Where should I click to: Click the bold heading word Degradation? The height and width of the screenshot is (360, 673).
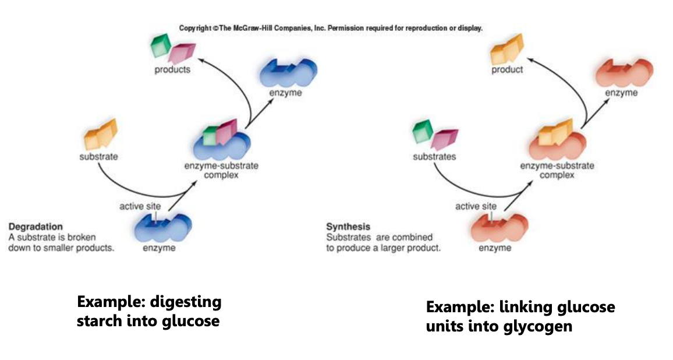36,227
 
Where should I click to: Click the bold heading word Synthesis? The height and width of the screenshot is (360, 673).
348,227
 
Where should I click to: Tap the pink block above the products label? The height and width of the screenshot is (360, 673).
178,52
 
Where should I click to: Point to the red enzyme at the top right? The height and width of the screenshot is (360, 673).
622,72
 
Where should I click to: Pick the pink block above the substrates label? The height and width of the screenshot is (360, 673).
442,139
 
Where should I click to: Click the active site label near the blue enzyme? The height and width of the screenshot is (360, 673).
141,206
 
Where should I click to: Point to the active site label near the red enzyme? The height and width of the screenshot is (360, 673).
476,206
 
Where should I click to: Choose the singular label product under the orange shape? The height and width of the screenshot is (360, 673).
507,70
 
